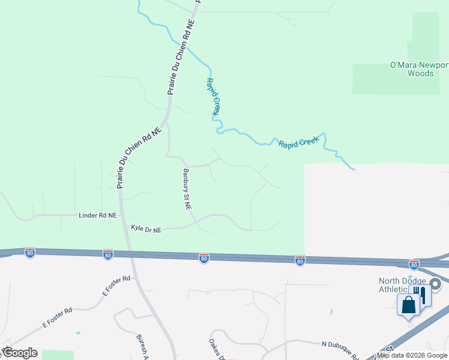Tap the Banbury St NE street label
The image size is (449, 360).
pyautogui.click(x=187, y=188)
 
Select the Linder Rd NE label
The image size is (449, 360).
pyautogui.click(x=97, y=214)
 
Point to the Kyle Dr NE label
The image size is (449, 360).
pyautogui.click(x=146, y=229)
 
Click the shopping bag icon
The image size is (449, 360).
pyautogui.click(x=409, y=304)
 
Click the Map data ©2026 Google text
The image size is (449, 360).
pyautogui.click(x=412, y=355)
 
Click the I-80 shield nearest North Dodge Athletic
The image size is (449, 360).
pyautogui.click(x=414, y=264)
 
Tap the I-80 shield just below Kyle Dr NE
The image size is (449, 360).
pyautogui.click(x=108, y=254)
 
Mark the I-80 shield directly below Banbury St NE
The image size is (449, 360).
pyautogui.click(x=204, y=258)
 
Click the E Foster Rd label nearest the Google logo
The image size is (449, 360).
pyautogui.click(x=57, y=318)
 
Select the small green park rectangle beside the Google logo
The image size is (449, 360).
pyautogui.click(x=57, y=355)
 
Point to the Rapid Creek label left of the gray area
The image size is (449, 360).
pyautogui.click(x=298, y=144)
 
